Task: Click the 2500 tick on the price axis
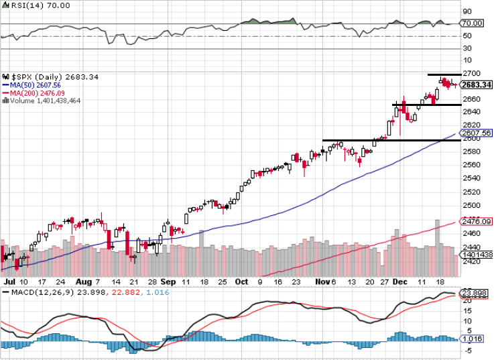pyautogui.click(x=472, y=205)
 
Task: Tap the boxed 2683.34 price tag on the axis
pyautogui.click(x=477, y=84)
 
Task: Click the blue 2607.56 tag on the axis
pyautogui.click(x=477, y=133)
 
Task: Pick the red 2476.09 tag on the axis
pyautogui.click(x=477, y=221)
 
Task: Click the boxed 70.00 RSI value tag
pyautogui.click(x=473, y=23)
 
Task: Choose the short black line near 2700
pyautogui.click(x=444, y=74)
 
